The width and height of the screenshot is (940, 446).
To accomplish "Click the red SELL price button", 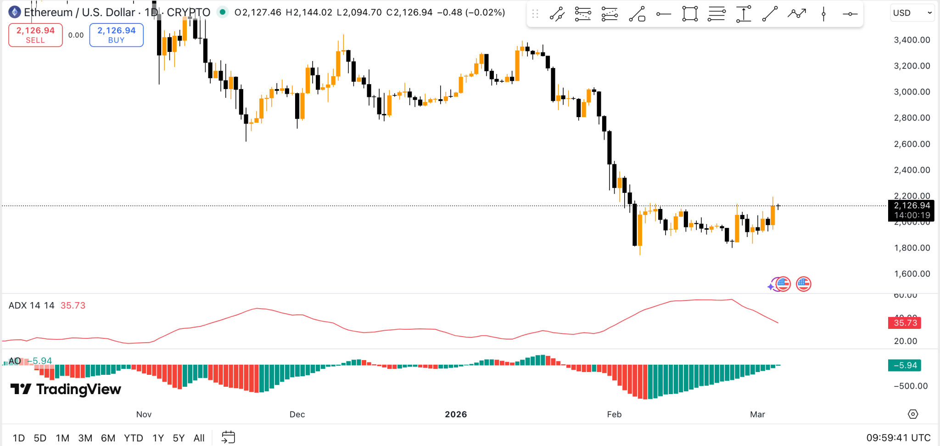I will point(35,35).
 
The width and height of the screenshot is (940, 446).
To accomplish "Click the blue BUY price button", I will point(116,35).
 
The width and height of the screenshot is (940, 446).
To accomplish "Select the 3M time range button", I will point(85,438).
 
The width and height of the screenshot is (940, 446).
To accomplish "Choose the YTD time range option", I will point(133,438).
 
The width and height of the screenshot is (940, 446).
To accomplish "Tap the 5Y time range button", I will point(179,438).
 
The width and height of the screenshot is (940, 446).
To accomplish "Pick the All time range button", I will point(199,438).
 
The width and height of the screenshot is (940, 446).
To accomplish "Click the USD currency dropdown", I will point(912,13).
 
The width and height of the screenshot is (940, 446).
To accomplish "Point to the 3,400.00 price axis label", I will point(912,40).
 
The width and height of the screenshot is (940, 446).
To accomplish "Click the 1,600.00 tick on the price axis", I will point(912,274).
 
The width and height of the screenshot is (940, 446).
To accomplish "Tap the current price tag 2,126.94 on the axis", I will point(912,206).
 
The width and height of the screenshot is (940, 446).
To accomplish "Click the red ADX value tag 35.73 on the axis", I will point(905,323).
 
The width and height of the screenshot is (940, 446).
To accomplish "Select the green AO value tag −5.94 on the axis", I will point(905,366).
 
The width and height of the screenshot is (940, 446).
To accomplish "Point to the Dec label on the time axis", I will point(297,414).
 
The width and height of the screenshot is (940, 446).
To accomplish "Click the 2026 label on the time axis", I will point(456,414).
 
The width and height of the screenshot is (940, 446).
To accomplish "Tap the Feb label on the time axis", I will point(614,414).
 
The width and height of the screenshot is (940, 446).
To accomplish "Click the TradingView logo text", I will point(78,390).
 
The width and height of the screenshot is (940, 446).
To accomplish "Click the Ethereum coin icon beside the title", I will point(15,12).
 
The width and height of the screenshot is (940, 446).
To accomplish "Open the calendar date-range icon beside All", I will point(228,437).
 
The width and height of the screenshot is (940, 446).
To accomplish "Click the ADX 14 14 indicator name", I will point(31,305).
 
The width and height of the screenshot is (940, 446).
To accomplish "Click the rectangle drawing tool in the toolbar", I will point(690,14).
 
